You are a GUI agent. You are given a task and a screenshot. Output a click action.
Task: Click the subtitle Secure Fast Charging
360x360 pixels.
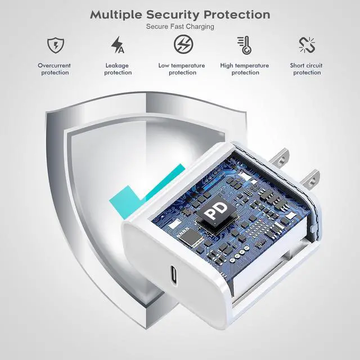pos(180,26)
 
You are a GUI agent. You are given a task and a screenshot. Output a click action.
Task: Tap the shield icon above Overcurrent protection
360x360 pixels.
pos(55,44)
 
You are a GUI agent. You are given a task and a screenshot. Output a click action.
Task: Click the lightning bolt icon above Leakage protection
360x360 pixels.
pos(118,44)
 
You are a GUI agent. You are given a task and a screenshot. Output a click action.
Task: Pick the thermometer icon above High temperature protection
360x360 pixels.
pos(244,44)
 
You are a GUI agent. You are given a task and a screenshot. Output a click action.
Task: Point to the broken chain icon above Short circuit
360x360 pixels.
pos(307,44)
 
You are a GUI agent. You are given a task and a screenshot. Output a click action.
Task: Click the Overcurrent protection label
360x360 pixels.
pos(55,69)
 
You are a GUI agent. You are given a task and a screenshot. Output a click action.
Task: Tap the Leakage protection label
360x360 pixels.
pos(118,69)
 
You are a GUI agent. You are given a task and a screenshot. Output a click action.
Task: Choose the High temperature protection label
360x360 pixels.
pos(245,69)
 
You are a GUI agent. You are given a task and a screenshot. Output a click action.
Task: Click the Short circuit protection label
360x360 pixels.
pos(307,69)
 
